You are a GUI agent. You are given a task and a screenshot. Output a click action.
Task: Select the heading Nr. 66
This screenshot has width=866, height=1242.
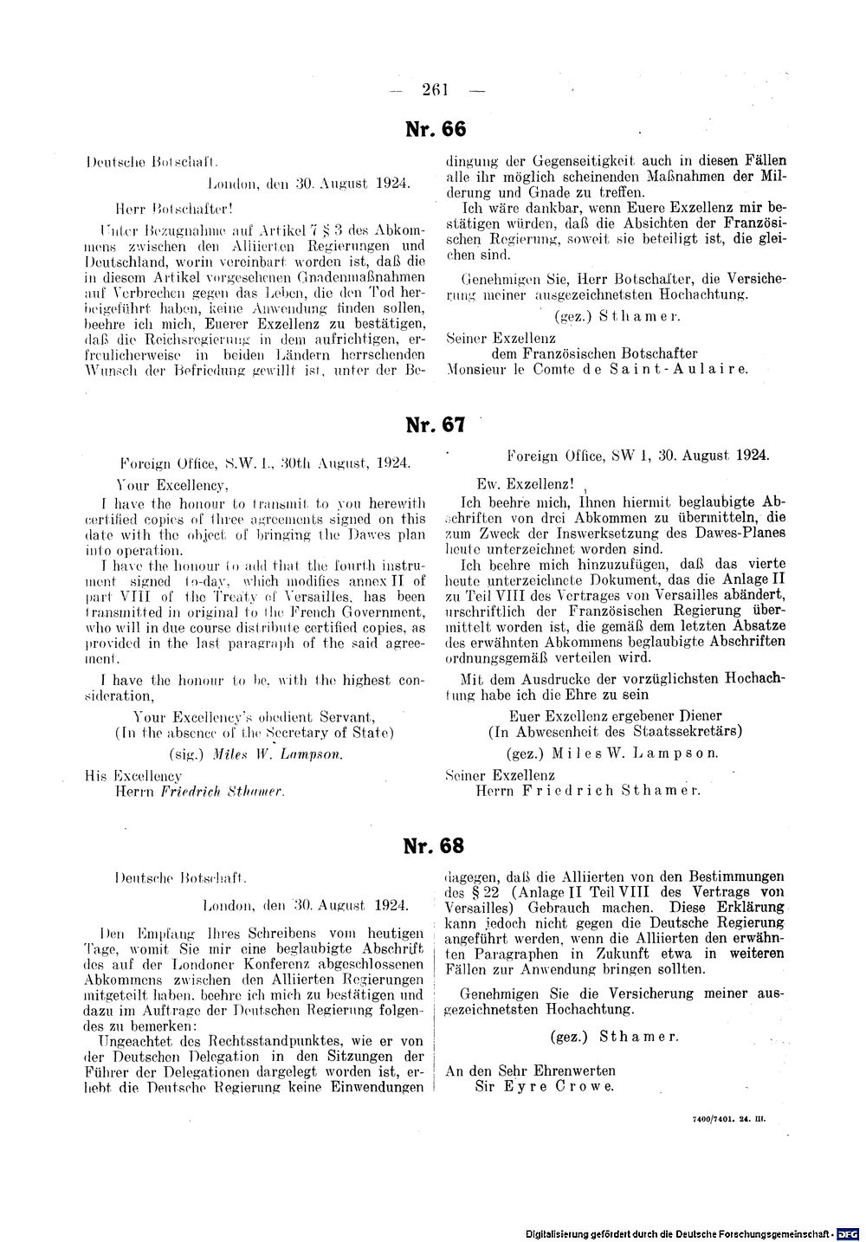(x=436, y=129)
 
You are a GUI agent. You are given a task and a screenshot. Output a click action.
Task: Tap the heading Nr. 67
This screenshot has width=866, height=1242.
(x=436, y=425)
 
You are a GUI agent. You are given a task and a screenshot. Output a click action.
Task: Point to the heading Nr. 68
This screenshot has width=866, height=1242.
(x=434, y=845)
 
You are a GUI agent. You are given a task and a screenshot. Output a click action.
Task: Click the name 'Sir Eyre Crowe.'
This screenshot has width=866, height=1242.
(x=544, y=1087)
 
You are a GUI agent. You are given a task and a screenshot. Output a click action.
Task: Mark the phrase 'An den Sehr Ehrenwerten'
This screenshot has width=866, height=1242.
(x=530, y=1071)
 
